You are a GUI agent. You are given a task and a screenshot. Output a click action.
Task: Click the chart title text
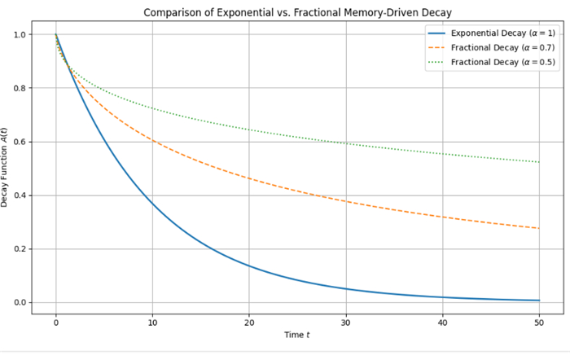[x=298, y=12]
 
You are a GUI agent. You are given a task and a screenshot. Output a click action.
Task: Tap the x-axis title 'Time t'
[x=297, y=335]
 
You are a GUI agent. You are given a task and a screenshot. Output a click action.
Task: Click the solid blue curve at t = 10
[x=152, y=204]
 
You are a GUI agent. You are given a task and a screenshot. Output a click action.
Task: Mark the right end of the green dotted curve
[x=539, y=161]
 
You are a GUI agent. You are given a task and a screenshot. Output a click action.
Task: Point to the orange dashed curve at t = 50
[x=539, y=228]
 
